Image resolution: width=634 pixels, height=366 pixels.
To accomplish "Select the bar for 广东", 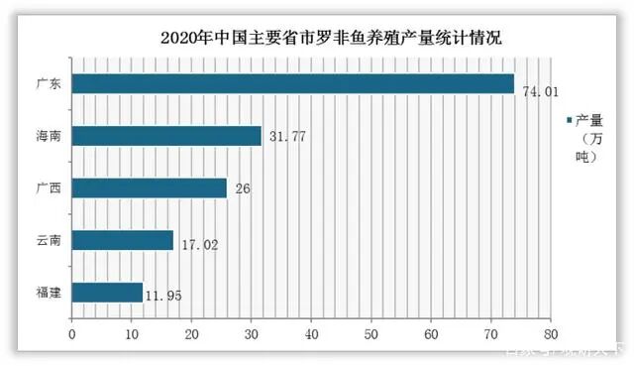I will click(x=293, y=83).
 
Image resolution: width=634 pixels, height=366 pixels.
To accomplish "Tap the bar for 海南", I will click(x=166, y=136).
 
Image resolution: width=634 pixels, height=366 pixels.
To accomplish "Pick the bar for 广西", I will click(x=150, y=187).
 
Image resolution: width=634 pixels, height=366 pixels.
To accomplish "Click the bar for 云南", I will click(x=123, y=240).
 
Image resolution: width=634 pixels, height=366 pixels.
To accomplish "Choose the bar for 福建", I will click(x=107, y=293).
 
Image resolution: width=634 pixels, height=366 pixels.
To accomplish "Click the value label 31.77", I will click(x=284, y=137).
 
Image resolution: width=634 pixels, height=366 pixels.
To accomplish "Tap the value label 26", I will click(x=243, y=188).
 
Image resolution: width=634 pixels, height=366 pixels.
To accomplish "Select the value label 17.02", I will click(x=197, y=241).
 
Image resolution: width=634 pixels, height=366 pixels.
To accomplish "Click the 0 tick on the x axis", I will click(x=71, y=334).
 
